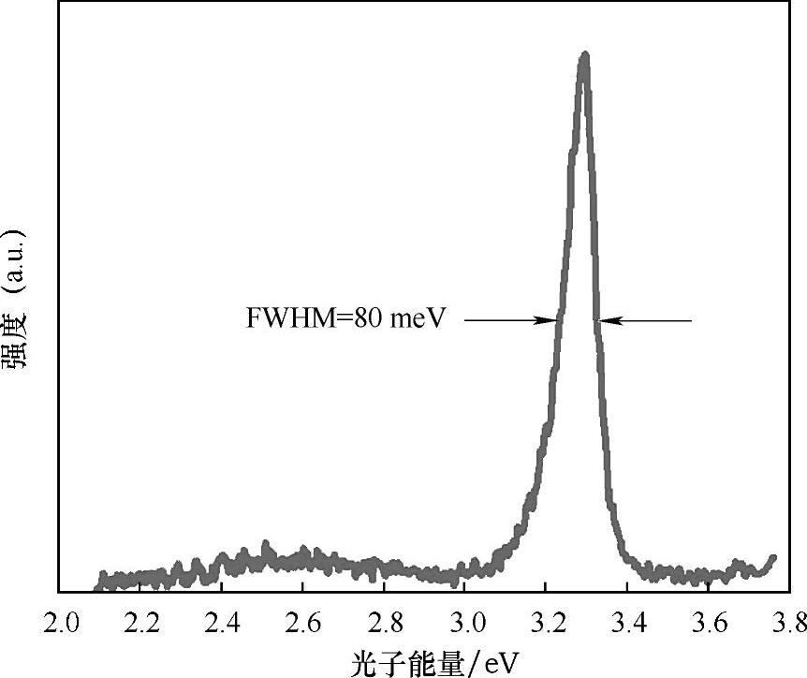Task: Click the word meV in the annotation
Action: coord(417,319)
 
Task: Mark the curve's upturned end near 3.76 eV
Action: coord(773,558)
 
